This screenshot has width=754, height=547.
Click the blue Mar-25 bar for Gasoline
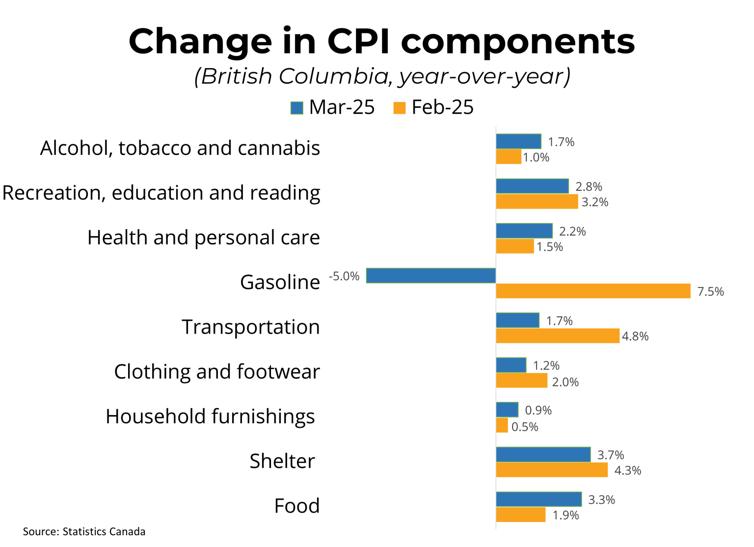(431, 276)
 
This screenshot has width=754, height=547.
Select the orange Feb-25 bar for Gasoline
(593, 291)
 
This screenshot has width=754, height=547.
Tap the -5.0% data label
(344, 276)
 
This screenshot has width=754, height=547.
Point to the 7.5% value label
(710, 291)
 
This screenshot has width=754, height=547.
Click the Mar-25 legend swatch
(296, 107)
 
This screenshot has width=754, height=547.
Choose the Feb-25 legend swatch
(400, 107)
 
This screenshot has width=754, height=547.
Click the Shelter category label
(282, 461)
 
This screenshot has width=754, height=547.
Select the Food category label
(296, 506)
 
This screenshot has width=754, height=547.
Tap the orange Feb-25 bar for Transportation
(558, 336)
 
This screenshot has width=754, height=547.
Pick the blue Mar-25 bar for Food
(539, 499)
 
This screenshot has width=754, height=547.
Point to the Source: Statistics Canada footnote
(84, 531)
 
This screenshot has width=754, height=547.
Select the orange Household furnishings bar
(502, 425)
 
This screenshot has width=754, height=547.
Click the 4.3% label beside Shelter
(627, 470)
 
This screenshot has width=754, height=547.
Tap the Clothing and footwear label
(216, 372)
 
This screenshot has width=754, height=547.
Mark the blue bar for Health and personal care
(524, 231)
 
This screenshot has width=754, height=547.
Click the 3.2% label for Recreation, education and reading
(594, 202)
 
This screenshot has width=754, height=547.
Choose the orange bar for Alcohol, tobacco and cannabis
(509, 157)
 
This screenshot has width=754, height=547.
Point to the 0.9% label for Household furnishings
(538, 410)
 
